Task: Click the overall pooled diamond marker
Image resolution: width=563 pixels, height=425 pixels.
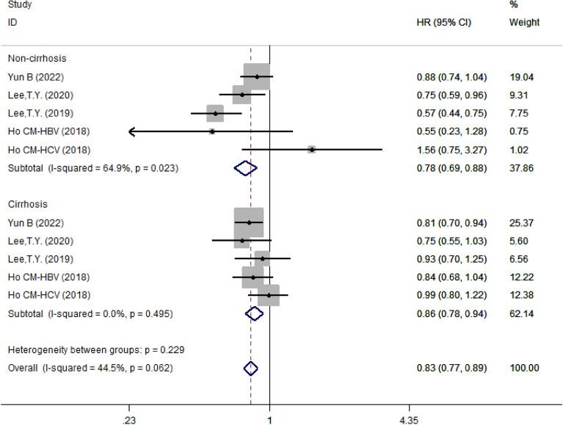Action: tap(250, 368)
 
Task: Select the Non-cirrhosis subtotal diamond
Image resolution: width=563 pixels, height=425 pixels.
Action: tap(246, 168)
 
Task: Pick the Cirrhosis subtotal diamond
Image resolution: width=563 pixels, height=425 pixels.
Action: tap(254, 313)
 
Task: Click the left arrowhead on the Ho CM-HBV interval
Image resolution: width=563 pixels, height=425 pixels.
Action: tap(131, 131)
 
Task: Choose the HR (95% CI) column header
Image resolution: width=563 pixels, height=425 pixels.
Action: tap(443, 23)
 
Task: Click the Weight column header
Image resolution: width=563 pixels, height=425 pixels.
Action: tap(524, 23)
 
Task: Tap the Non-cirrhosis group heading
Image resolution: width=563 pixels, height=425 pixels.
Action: tap(36, 58)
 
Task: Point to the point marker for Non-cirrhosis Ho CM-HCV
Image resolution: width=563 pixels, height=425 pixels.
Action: tap(312, 149)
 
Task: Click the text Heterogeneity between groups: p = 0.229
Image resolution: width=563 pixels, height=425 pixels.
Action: tap(85, 350)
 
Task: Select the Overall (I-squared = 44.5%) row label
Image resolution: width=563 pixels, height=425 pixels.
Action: tap(90, 368)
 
